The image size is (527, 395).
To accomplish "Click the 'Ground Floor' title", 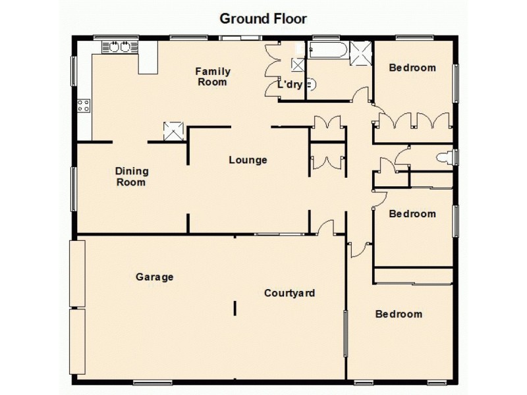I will tap(263, 18).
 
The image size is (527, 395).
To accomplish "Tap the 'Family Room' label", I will tap(212, 76).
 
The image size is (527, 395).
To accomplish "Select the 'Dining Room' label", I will tap(132, 176).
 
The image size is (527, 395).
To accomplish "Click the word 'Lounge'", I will tap(248, 160).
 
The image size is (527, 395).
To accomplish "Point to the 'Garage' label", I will tap(155, 277).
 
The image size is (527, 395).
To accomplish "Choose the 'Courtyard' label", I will tap(289, 293).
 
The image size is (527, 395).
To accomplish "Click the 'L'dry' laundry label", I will tap(289, 85).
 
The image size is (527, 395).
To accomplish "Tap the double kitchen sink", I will tap(119, 47).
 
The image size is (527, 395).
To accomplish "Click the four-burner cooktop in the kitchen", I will tap(84, 105).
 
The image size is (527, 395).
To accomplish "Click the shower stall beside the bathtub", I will tap(360, 51).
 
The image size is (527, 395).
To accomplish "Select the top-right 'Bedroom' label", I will tap(412, 68).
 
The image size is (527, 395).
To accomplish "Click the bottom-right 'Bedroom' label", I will tap(399, 314).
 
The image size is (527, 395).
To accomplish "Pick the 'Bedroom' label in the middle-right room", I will tap(412, 214).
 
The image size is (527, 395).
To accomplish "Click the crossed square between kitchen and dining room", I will tap(173, 130).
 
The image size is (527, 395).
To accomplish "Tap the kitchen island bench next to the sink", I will tap(148, 58).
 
